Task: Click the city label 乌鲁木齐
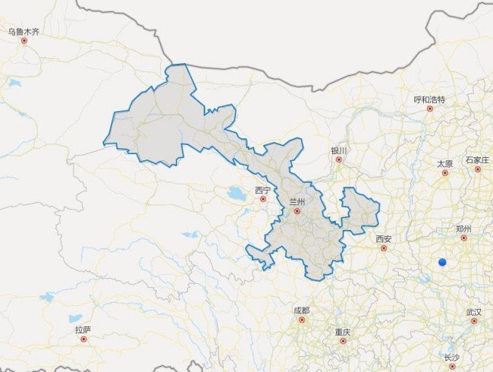tap(23, 31)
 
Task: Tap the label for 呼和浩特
tap(429, 99)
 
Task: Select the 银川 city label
tap(338, 150)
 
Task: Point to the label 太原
tap(444, 163)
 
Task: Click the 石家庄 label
tap(478, 160)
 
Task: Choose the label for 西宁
tap(262, 190)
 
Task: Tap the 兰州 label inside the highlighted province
tap(297, 202)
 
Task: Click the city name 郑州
tap(463, 229)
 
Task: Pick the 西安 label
tap(384, 238)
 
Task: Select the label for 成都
tap(301, 311)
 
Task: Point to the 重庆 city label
tap(342, 332)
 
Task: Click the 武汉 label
tap(474, 311)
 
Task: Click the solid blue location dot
tap(443, 263)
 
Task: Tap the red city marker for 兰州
tap(297, 212)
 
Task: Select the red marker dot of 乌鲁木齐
tap(24, 41)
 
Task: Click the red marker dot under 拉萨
tap(83, 339)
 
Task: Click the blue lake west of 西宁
tap(237, 194)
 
